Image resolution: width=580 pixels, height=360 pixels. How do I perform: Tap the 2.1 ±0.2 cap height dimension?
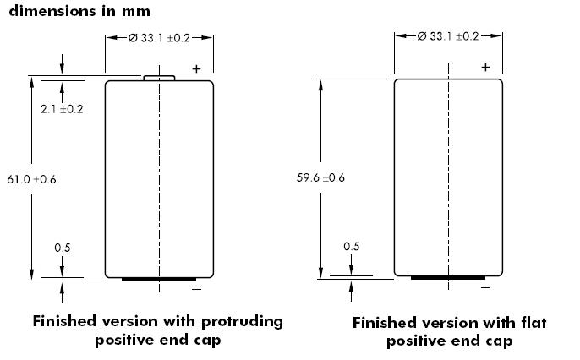(62, 109)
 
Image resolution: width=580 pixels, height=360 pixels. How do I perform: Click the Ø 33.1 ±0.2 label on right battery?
(449, 36)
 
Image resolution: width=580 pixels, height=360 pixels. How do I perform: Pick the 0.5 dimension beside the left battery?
(62, 248)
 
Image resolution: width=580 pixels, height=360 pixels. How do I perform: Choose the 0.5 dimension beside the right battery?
(352, 247)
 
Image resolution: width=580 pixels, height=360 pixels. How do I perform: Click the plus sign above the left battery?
(196, 68)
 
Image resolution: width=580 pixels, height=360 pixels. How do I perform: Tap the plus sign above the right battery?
(485, 66)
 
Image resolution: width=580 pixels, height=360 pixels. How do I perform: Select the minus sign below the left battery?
(197, 290)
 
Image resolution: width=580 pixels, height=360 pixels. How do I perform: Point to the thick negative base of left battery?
(159, 278)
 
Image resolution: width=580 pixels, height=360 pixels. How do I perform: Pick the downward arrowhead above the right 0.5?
(353, 269)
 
